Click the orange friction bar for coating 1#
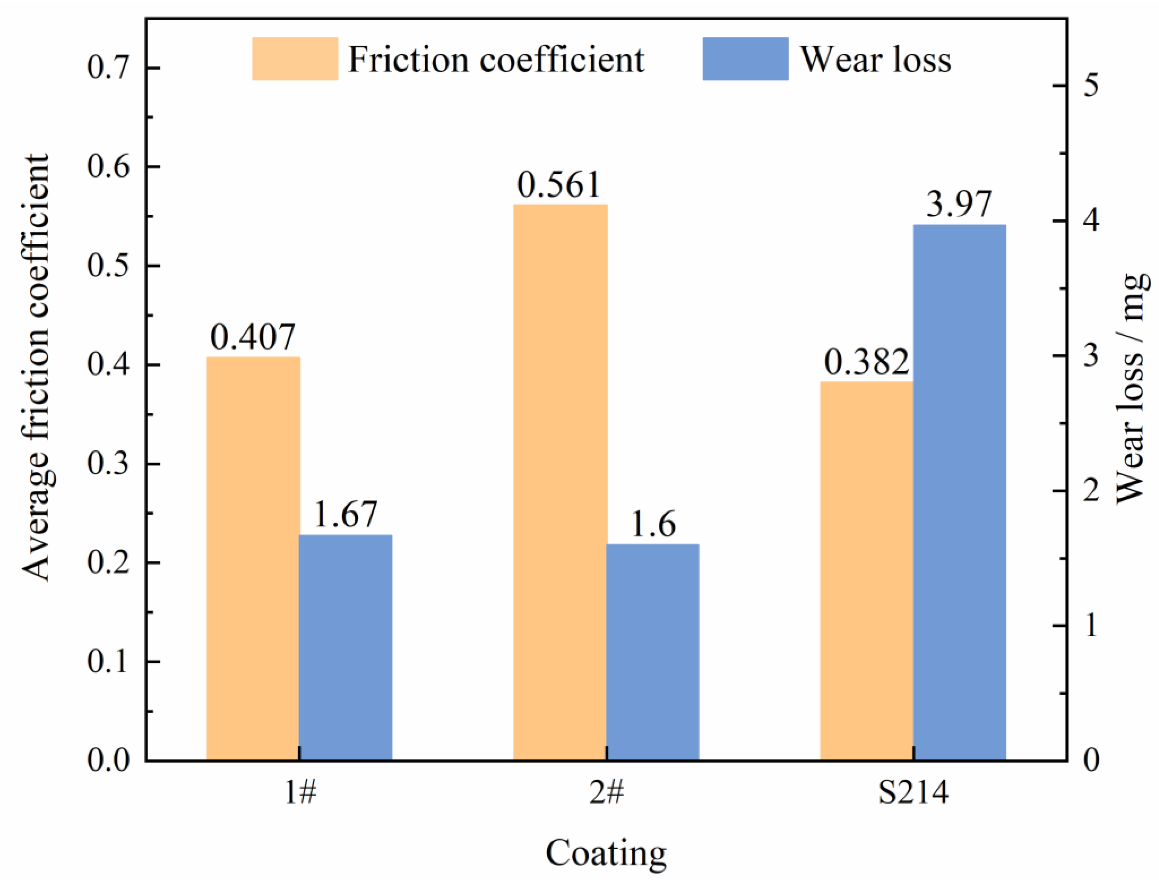point(253,558)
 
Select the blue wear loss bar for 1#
point(346,647)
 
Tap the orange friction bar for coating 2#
point(560,482)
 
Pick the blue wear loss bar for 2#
point(653,652)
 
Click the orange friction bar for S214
point(867,571)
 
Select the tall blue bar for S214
point(959,492)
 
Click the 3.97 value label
point(959,204)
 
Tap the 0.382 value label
point(867,361)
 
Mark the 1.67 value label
point(346,514)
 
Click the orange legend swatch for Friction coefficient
point(295,59)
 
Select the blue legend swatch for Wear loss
point(746,59)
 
